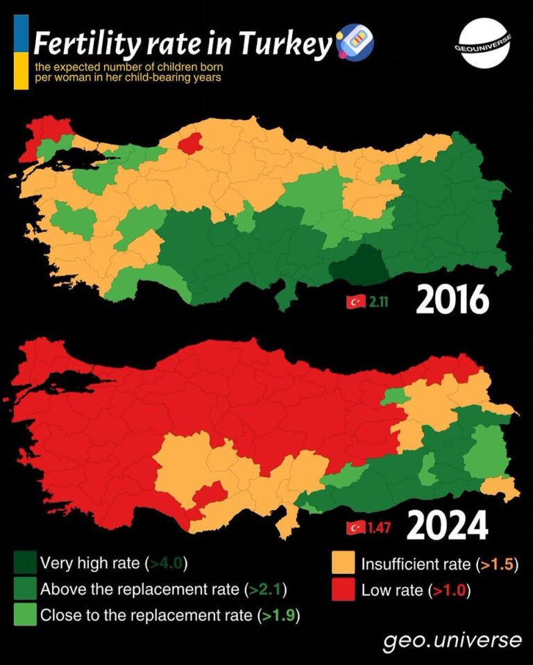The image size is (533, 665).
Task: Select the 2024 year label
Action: tap(448, 526)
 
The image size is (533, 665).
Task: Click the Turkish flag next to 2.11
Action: tap(355, 302)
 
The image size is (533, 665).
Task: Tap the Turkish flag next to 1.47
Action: tap(355, 528)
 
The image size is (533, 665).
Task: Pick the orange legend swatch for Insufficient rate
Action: tap(344, 563)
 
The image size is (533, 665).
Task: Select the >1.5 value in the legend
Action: tap(496, 564)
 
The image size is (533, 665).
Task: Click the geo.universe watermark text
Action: tap(451, 640)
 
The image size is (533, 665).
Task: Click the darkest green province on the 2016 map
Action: tap(359, 267)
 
